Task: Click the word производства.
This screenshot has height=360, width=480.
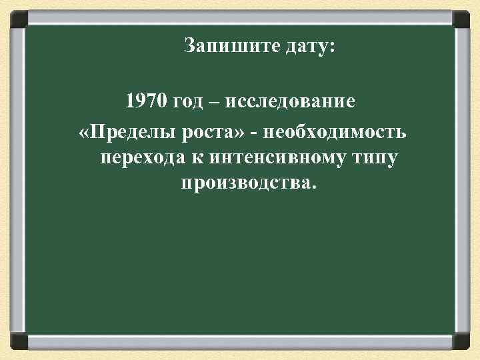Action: point(245,183)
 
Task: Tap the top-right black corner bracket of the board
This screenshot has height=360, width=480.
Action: point(460,18)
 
